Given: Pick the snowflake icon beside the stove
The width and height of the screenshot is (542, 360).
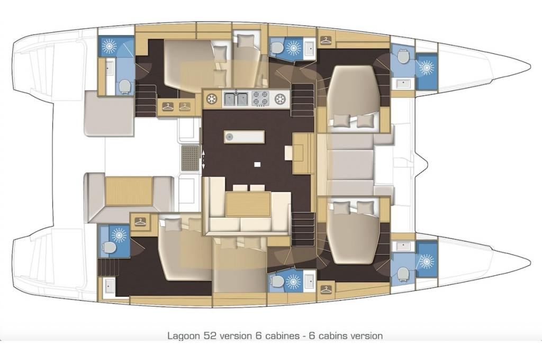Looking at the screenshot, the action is [x=279, y=99].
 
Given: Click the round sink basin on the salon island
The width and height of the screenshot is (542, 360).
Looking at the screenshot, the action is [x=229, y=137].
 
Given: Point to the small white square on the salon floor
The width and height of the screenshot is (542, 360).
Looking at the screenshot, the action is [x=257, y=164].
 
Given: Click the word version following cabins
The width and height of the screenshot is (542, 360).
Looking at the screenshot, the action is [x=366, y=335].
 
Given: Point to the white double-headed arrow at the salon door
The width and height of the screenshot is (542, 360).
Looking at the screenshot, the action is [x=203, y=160].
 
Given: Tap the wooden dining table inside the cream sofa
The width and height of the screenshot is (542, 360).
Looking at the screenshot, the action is [x=248, y=204].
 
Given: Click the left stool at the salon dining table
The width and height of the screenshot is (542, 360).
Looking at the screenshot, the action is [x=240, y=188].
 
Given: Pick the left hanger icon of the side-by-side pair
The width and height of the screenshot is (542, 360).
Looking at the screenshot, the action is [x=167, y=106].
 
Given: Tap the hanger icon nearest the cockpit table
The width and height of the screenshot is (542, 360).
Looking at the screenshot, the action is [x=140, y=222].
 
